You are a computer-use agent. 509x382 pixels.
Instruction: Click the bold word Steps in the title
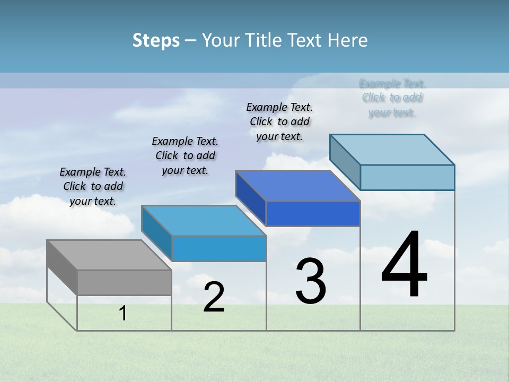156,40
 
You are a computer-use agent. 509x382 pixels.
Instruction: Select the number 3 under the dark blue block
311,281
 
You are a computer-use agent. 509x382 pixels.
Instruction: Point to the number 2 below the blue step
214,297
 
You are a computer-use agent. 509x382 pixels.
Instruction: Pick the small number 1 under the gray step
123,314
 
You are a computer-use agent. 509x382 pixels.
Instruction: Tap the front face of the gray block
124,282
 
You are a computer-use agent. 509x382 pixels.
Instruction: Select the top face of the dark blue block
297,186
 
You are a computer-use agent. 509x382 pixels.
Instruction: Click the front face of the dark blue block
313,214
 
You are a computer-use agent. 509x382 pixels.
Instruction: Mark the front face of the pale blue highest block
407,177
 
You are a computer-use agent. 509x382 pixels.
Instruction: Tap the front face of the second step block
219,248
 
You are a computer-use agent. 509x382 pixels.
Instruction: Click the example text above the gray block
93,186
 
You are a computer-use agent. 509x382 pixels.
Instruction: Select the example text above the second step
185,155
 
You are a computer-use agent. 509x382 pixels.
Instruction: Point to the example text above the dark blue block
279,121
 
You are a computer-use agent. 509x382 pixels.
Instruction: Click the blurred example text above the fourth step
392,98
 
